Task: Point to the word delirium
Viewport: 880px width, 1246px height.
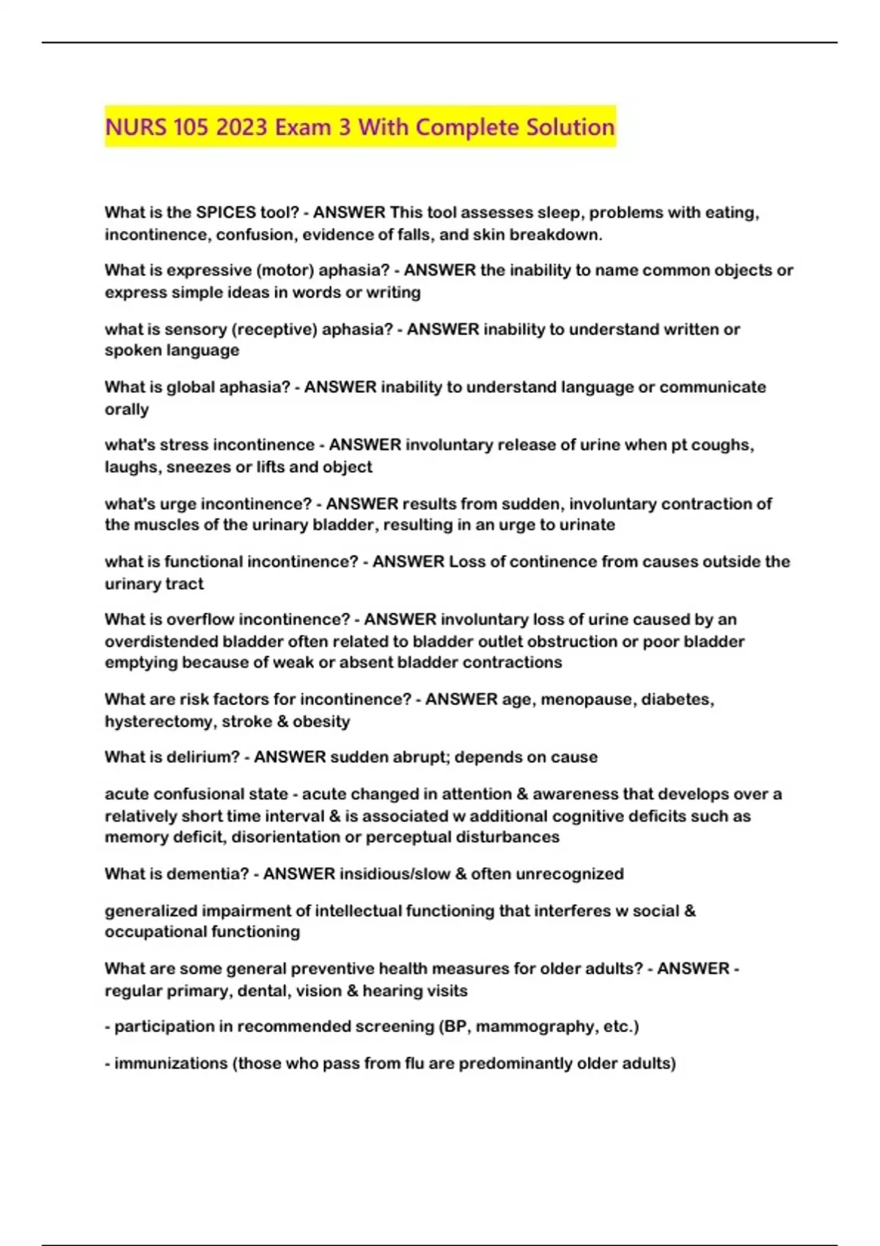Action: tap(205, 757)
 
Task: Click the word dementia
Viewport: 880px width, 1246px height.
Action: tap(210, 874)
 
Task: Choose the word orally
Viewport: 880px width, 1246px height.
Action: tap(127, 409)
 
